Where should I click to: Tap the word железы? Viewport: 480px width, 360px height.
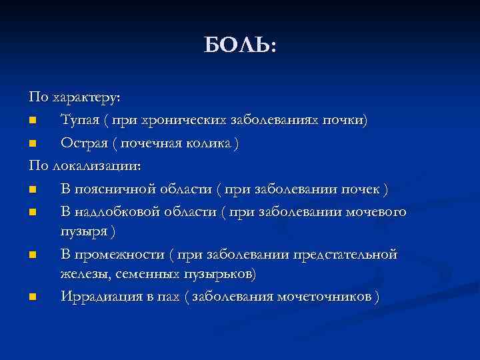coord(84,274)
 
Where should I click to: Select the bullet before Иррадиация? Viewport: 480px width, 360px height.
coord(33,297)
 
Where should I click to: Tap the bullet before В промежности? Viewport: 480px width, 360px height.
coord(33,255)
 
